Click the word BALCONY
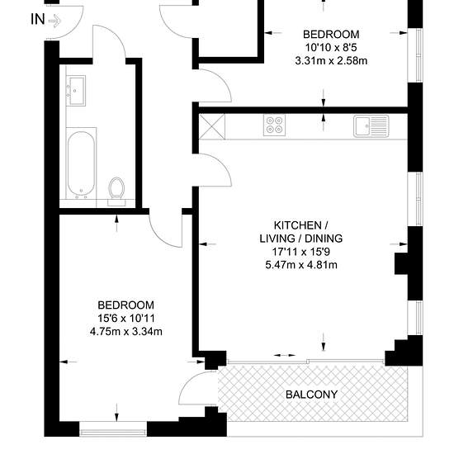point(311,395)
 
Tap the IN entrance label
point(38,20)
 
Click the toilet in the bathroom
point(116,192)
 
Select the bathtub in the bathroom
point(81,163)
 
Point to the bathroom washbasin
point(76,91)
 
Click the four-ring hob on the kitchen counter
point(275,125)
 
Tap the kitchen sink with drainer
point(371,126)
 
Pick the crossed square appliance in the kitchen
point(212,126)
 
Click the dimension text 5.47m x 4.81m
point(301,265)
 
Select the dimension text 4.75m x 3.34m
point(126,332)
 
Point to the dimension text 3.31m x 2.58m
point(331,61)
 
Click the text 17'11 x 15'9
point(301,252)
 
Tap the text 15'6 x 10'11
point(126,318)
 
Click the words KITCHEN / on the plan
point(301,225)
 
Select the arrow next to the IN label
point(54,21)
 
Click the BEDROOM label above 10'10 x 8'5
point(331,35)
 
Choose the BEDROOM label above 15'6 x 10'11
point(126,305)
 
